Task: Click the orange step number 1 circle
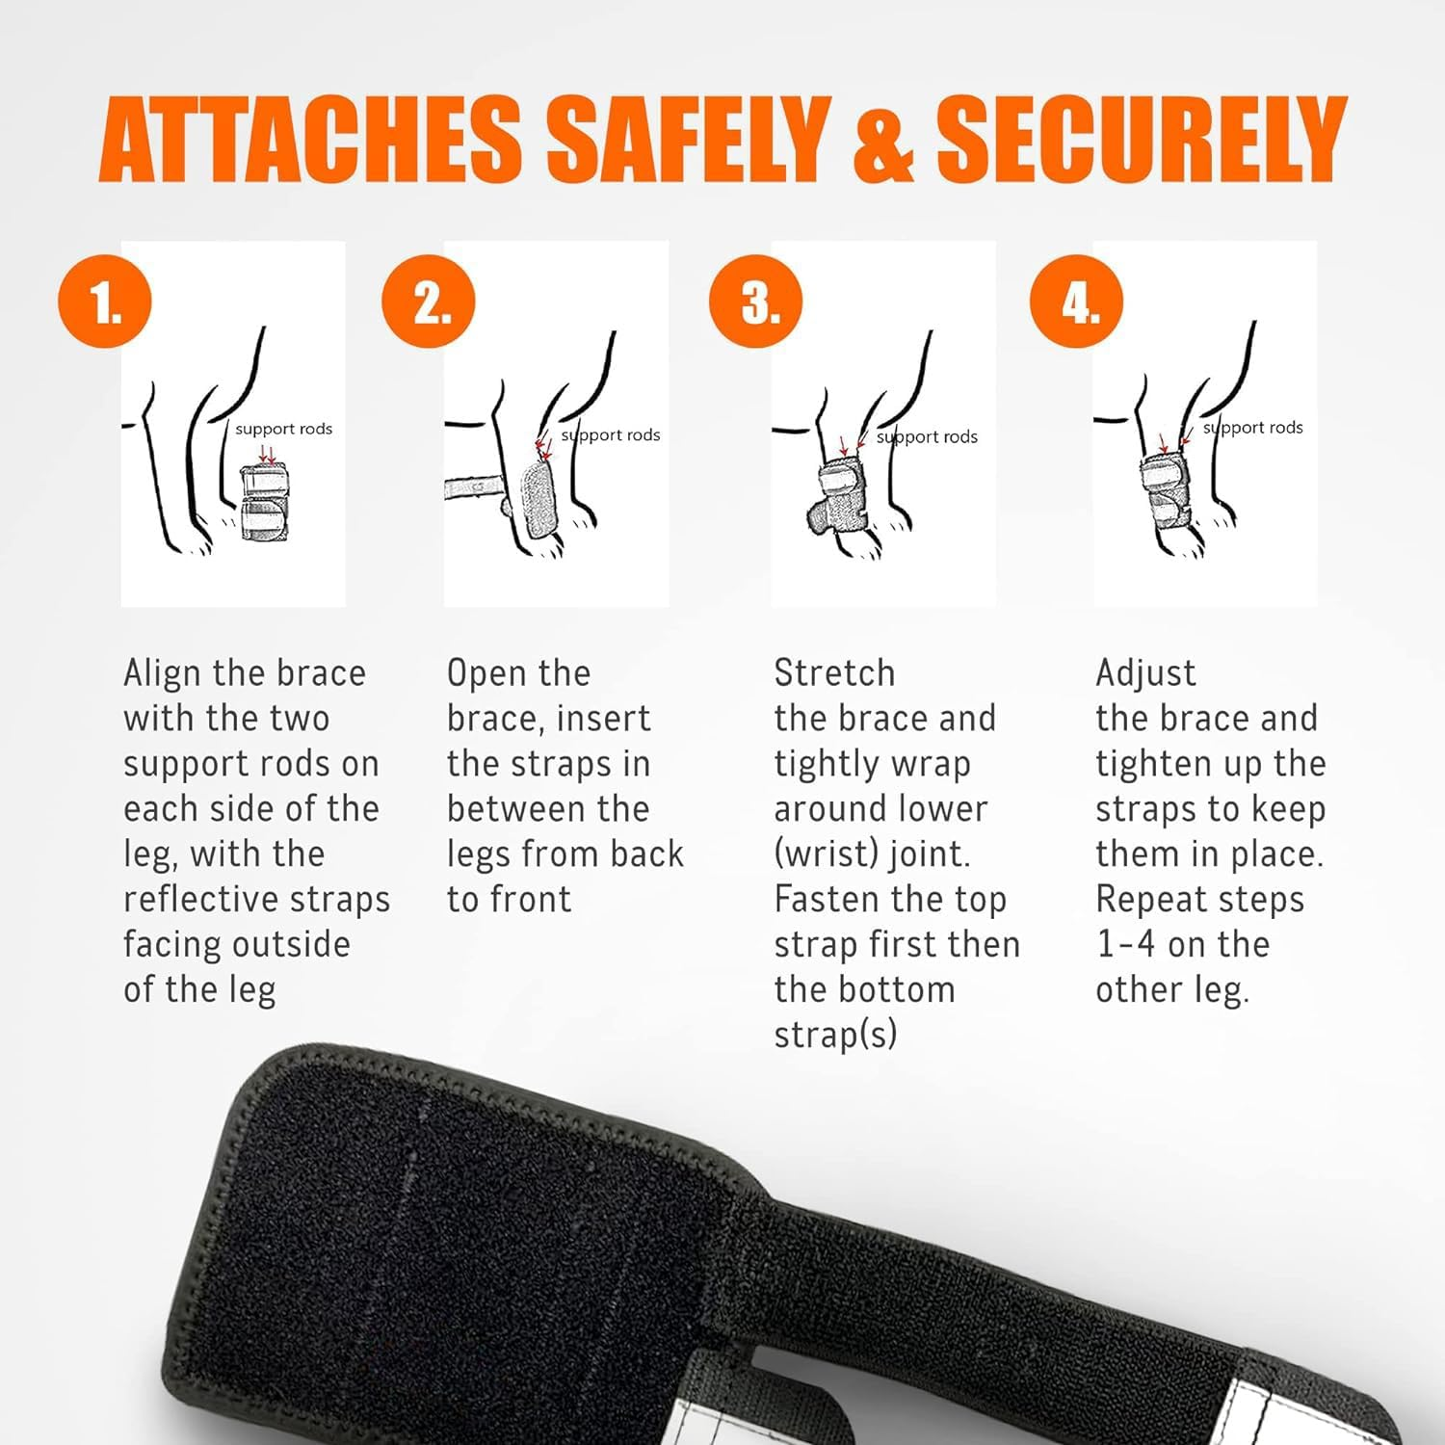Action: tap(105, 302)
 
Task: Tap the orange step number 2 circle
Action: tap(429, 302)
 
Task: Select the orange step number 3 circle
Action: tap(756, 302)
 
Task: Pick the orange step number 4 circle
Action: tap(1077, 302)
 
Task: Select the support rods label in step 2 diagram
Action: tap(611, 435)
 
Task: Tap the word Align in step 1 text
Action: tap(163, 673)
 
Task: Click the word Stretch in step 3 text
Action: tap(834, 673)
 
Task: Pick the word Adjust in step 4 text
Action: tap(1145, 673)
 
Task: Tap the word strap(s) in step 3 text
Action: tap(835, 1035)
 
